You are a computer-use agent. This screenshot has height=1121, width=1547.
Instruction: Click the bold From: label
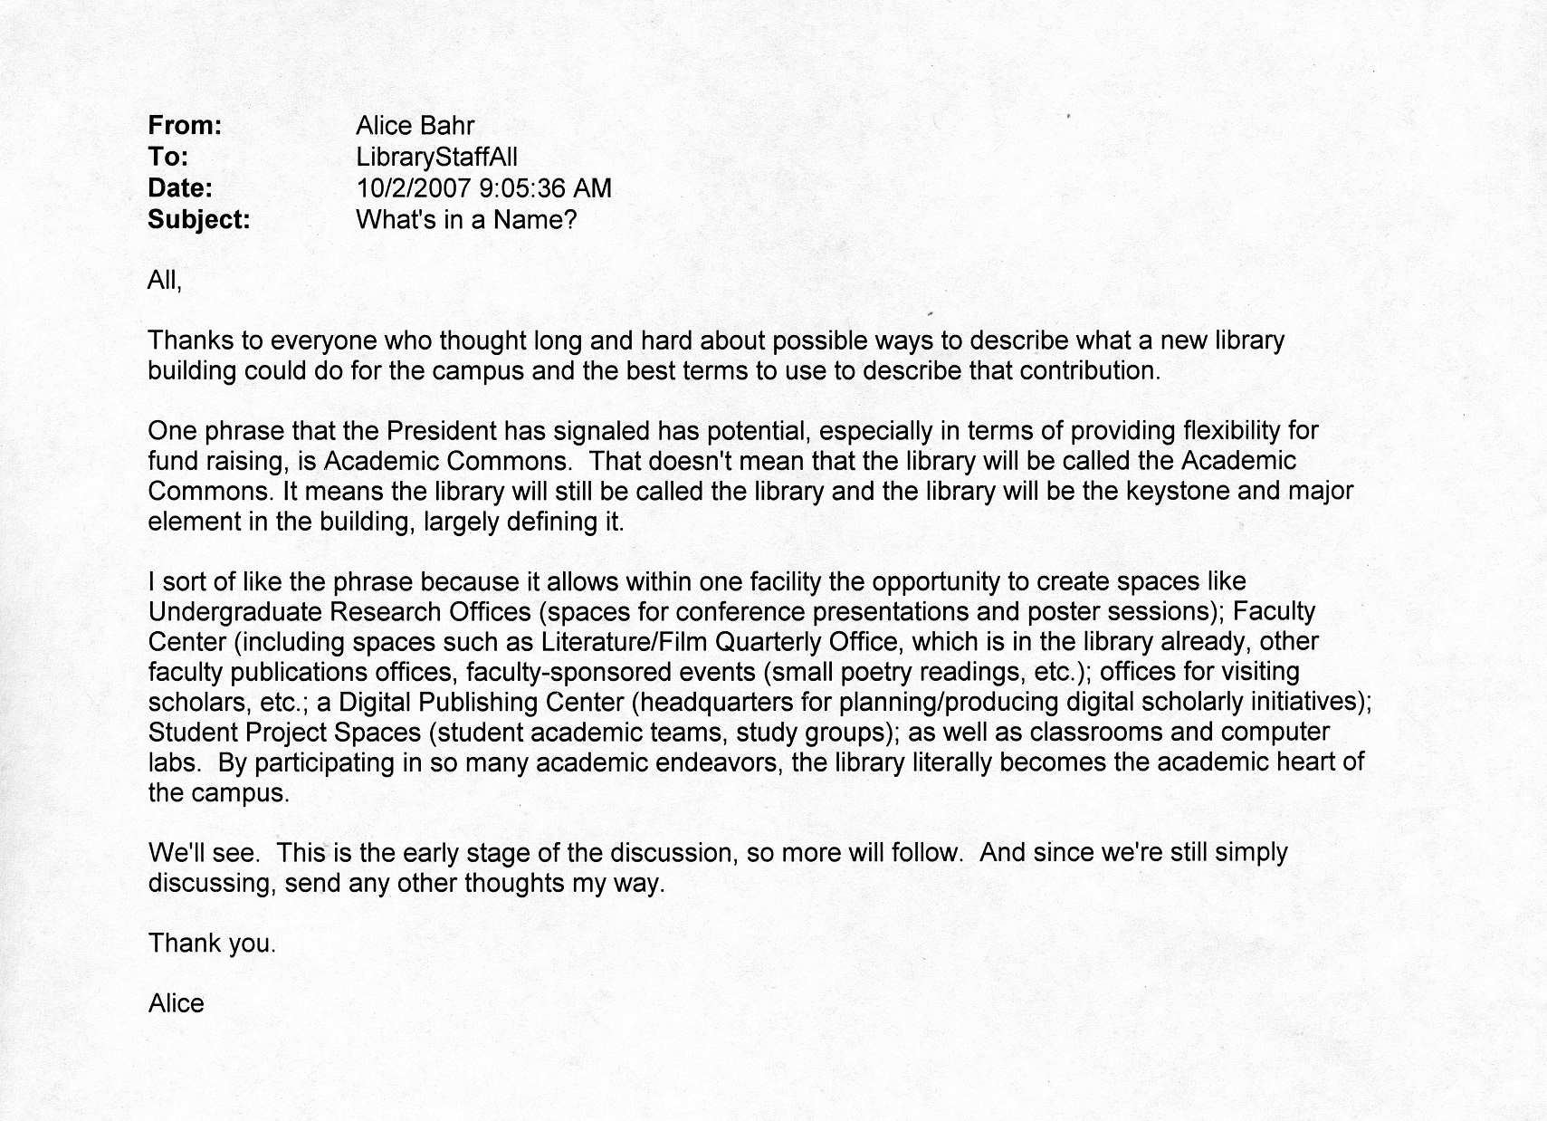point(185,126)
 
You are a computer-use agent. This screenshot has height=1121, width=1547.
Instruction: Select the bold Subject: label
point(198,220)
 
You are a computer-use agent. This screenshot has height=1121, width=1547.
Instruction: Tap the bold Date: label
point(180,188)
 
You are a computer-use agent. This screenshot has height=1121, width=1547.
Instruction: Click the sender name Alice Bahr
point(415,126)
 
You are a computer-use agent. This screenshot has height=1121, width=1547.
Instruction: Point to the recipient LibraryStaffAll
point(436,157)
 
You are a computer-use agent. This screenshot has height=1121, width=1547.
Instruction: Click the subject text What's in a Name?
point(466,220)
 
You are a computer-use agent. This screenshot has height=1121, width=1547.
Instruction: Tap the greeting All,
point(165,281)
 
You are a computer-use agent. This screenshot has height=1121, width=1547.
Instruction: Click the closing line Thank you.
point(212,944)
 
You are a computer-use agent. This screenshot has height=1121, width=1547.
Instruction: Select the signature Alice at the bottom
point(177,1003)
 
